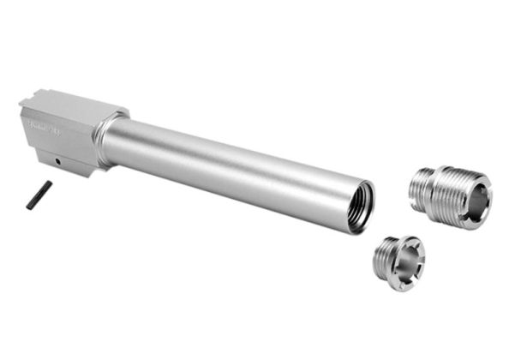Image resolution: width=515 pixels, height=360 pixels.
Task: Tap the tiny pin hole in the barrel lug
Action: click(x=57, y=160)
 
